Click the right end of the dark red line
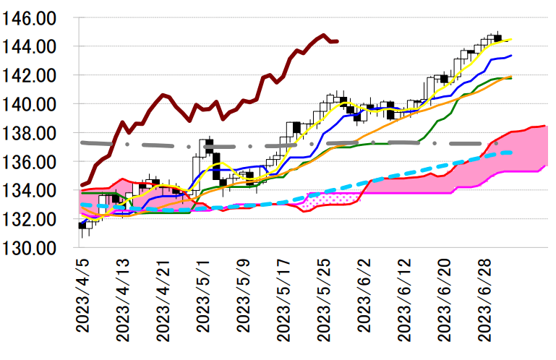[x=338, y=41]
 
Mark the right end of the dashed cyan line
[x=511, y=152]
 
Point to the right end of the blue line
[x=511, y=56]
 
